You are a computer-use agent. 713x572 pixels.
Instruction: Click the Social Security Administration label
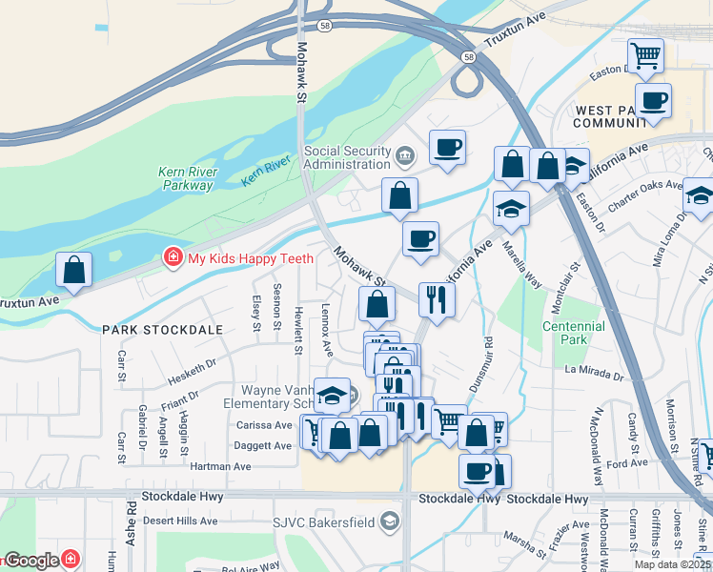coord(347,157)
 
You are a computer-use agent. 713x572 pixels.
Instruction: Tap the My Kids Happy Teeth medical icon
coord(173,256)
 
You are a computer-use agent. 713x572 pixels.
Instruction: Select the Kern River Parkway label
coord(188,178)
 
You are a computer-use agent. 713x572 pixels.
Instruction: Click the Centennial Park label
coord(573,333)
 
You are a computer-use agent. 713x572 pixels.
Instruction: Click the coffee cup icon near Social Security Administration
coord(447,148)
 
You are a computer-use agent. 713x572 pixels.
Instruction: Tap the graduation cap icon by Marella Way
coord(511,210)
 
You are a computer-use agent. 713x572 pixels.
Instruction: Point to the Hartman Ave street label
coord(220,466)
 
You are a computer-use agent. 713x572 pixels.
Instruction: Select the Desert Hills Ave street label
coord(180,521)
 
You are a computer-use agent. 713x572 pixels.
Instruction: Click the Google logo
coord(32,561)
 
